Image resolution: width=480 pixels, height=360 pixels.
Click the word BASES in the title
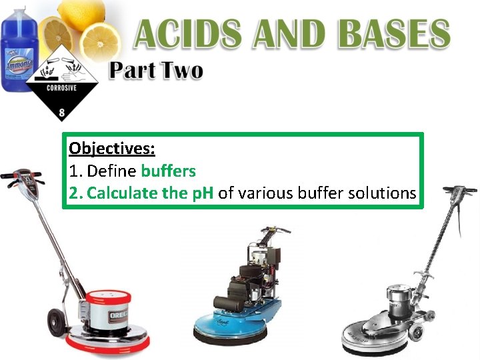pos(387,33)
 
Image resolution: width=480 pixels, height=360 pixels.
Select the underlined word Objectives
pos(112,148)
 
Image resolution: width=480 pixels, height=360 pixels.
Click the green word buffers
pos(169,171)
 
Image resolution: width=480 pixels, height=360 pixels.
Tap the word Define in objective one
pos(112,171)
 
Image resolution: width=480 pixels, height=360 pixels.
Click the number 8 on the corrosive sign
pos(61,114)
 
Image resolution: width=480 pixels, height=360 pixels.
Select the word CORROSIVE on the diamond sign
pos(61,87)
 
